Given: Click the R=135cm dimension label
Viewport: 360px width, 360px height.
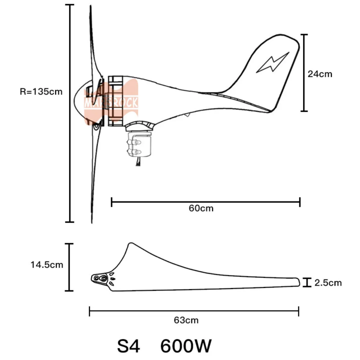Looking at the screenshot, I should [x=41, y=91].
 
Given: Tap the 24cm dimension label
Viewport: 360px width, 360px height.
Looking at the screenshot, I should [x=320, y=73].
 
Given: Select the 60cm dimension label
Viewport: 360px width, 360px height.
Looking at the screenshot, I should [x=201, y=208].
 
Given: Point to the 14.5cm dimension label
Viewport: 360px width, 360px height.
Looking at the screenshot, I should [x=47, y=265].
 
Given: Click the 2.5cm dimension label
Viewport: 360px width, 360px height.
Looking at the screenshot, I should [x=328, y=283].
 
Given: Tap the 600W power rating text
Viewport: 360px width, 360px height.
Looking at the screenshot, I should [x=186, y=345].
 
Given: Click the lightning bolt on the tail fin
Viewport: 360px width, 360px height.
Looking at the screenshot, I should [x=272, y=63].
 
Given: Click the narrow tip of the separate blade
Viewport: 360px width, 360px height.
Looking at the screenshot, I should [x=297, y=282].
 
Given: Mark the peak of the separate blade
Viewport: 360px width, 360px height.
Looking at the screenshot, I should [x=131, y=244].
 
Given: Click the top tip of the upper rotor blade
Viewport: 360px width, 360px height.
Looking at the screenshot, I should [x=90, y=7].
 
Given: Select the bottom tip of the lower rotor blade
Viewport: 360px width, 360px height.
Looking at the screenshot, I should [x=92, y=221].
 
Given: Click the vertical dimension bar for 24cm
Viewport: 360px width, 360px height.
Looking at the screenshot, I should [x=304, y=73].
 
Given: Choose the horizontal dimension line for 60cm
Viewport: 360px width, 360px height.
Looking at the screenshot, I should [x=205, y=201].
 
